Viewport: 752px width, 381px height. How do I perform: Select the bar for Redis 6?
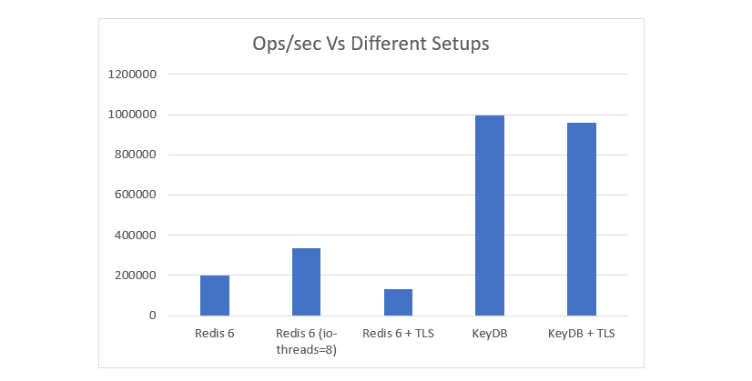[x=215, y=295]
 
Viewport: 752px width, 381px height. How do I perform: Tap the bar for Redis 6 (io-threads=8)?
[x=306, y=282]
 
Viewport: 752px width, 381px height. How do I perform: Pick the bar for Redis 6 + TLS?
[x=398, y=302]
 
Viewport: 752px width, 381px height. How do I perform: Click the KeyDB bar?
[x=490, y=216]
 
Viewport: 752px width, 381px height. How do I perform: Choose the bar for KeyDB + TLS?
[x=581, y=219]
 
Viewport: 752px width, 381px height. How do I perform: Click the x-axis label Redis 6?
[x=215, y=334]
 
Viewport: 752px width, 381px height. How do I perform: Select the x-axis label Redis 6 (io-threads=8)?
[x=306, y=341]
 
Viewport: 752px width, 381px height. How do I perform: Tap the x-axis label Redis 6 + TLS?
[x=398, y=334]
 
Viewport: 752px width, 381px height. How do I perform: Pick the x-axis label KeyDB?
[x=490, y=334]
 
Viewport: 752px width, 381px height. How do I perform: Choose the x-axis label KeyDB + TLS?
[x=581, y=334]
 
